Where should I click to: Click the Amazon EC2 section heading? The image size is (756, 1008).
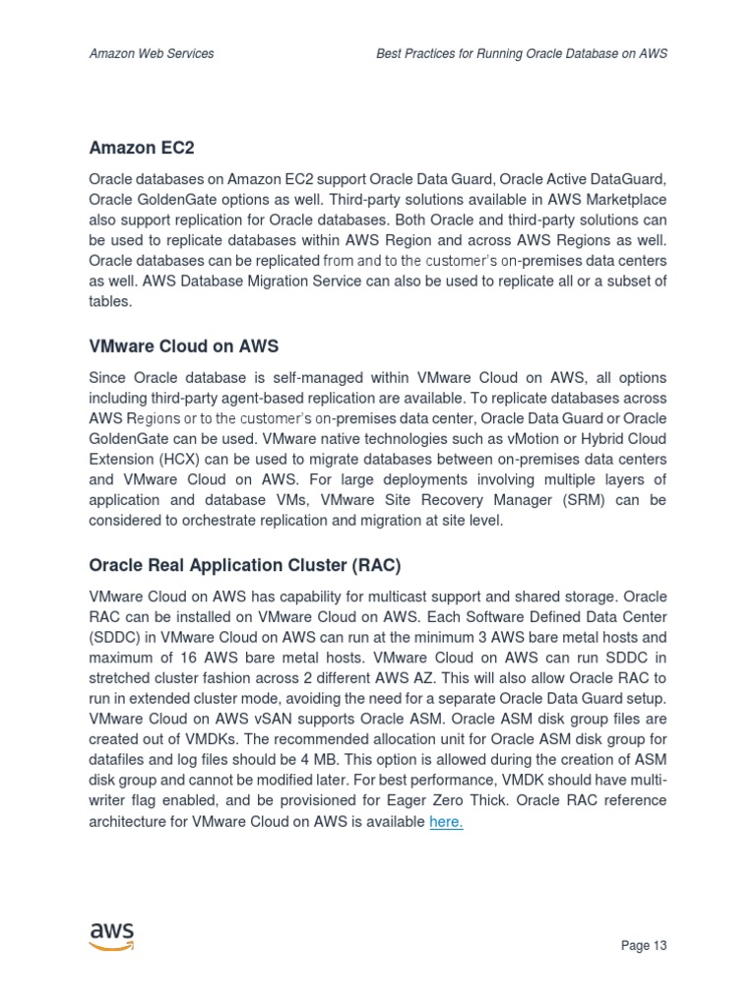coord(142,148)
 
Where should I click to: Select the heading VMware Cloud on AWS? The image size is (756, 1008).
coord(183,346)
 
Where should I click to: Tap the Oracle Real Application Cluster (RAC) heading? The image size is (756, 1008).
coord(245,566)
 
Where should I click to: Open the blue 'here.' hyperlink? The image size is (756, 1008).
coord(446,821)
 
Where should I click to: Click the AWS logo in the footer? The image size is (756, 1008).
coord(111,935)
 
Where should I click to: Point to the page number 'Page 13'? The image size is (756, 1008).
coord(644,946)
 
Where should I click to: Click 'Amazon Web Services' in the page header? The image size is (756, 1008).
coord(152,54)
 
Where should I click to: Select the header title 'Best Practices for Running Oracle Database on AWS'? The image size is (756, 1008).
coord(522,54)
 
